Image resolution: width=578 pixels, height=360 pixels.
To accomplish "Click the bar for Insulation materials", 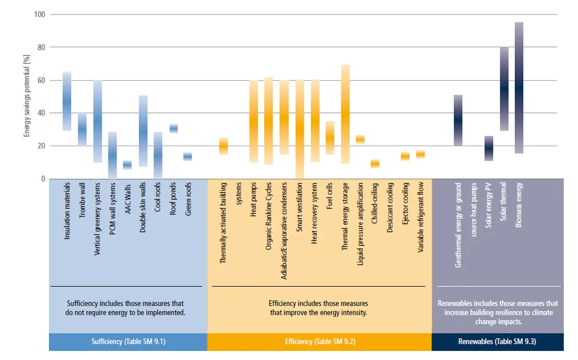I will (x=67, y=101).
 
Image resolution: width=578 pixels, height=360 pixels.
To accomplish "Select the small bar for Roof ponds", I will (x=174, y=129).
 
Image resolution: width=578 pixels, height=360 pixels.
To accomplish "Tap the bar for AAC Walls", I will (x=128, y=165).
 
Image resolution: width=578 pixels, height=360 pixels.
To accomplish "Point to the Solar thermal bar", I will (x=504, y=89).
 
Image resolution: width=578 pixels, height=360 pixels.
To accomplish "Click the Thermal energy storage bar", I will (x=345, y=114).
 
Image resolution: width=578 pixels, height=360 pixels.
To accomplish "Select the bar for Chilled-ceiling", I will (x=375, y=164).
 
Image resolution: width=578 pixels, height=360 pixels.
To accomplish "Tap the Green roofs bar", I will (x=188, y=156).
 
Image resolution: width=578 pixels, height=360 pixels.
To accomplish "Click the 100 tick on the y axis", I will (x=40, y=14).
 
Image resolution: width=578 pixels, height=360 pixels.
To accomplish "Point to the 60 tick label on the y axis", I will (x=41, y=80).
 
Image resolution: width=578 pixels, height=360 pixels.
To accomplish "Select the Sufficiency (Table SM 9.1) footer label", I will (x=128, y=342).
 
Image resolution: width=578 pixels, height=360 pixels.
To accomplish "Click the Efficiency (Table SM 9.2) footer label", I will (x=319, y=342).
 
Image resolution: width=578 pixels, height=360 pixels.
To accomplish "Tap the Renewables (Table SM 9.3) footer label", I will (x=497, y=342).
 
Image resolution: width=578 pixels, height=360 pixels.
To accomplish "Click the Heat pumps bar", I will (x=254, y=121).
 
